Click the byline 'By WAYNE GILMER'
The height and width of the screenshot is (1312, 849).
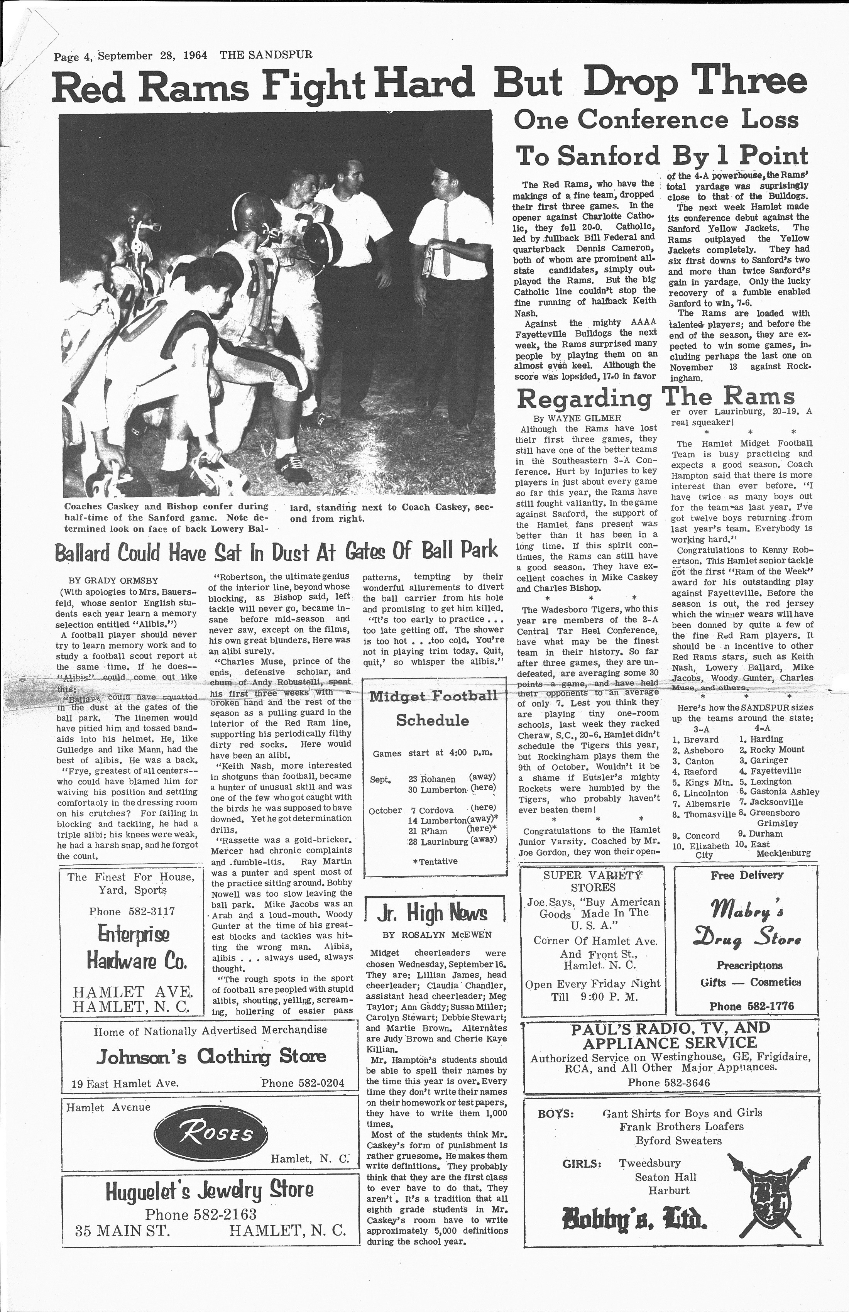(577, 418)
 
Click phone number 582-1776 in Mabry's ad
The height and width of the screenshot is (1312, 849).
(751, 1006)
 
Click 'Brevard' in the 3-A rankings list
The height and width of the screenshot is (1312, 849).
(701, 740)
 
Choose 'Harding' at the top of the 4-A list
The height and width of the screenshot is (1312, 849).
(766, 739)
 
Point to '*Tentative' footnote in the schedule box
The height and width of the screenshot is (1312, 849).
(435, 861)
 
